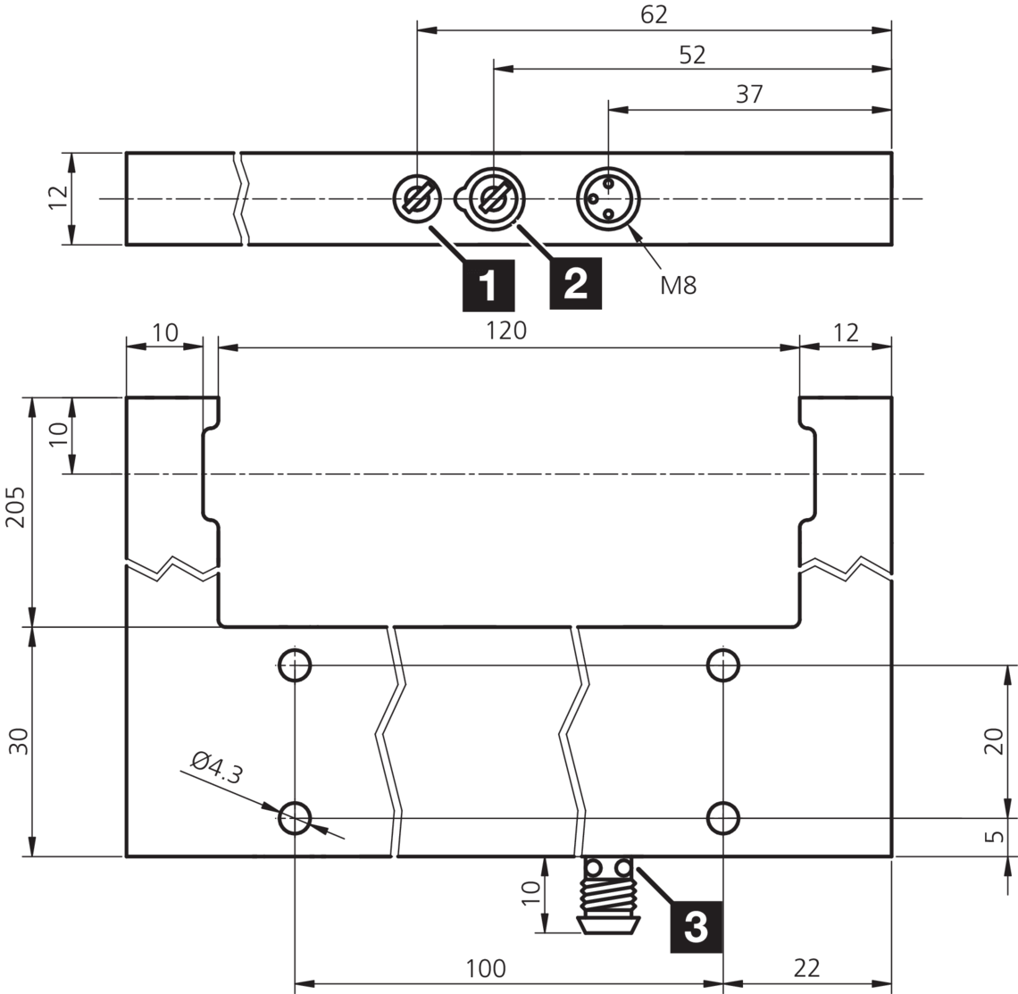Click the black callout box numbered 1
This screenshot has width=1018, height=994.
click(x=488, y=285)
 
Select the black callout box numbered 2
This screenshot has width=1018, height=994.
click(x=575, y=284)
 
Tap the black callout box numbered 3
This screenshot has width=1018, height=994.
click(x=696, y=926)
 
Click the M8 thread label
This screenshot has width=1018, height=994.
click(x=679, y=285)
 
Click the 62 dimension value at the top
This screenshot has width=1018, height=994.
click(x=654, y=14)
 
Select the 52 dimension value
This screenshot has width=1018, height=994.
click(x=692, y=54)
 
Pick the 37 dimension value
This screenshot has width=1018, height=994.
click(x=749, y=94)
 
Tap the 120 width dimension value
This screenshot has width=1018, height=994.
click(x=506, y=330)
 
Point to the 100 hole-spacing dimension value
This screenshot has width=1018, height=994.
click(x=486, y=968)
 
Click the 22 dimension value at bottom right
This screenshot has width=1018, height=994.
click(x=807, y=968)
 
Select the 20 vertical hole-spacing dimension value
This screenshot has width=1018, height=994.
click(x=994, y=740)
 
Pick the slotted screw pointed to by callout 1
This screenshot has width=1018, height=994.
click(x=417, y=198)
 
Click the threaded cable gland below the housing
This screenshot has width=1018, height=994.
click(x=608, y=895)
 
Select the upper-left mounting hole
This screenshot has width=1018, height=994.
click(x=295, y=664)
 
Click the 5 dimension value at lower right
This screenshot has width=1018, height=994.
click(x=994, y=837)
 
